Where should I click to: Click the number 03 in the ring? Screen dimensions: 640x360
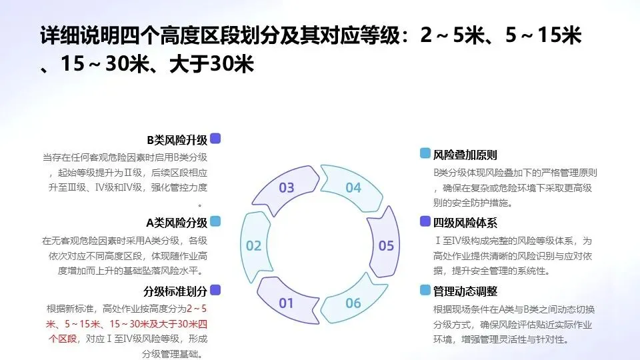(287, 187)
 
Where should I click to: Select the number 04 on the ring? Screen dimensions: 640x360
(353, 187)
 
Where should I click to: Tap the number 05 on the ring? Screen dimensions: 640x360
(387, 245)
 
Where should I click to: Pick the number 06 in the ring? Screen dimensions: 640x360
(353, 303)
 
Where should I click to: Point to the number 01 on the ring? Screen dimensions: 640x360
(287, 303)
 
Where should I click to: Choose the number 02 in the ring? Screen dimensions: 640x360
(254, 245)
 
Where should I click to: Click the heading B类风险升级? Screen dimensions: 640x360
(177, 140)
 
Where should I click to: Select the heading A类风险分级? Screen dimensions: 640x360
(177, 222)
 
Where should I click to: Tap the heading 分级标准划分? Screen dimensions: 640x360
(175, 291)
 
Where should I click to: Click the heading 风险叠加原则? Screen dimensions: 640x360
(465, 155)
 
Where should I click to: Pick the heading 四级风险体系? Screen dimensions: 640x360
(465, 223)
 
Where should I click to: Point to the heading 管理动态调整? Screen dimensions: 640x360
(465, 291)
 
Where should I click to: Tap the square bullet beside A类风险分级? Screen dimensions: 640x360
(215, 221)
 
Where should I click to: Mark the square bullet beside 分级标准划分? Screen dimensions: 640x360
(215, 290)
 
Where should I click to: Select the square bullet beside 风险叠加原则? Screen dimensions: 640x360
(425, 154)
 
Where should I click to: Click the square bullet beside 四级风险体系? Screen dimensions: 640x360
(425, 222)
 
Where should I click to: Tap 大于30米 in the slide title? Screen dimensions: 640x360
(215, 65)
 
